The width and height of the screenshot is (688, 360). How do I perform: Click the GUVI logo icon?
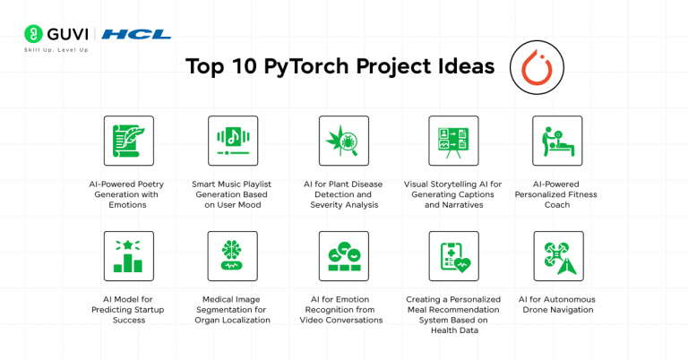pos(35,34)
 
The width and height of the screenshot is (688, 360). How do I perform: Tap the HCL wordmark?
pos(136,34)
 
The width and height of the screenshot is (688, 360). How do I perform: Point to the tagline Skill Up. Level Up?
pos(56,49)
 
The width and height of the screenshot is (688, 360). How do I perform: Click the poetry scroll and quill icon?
pos(128,141)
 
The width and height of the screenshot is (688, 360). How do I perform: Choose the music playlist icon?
pos(233,141)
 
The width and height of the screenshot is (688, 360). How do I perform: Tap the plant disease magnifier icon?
pos(343,141)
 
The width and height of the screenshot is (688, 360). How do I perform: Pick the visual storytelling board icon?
pos(453,141)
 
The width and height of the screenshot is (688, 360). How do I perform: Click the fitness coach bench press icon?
pos(557,141)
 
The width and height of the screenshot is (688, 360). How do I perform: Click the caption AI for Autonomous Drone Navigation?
pos(557,304)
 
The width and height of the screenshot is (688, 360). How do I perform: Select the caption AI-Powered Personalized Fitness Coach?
pos(557,193)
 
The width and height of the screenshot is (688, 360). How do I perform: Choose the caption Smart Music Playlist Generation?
pos(233,193)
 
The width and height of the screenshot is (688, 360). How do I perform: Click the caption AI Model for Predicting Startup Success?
pos(128,309)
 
